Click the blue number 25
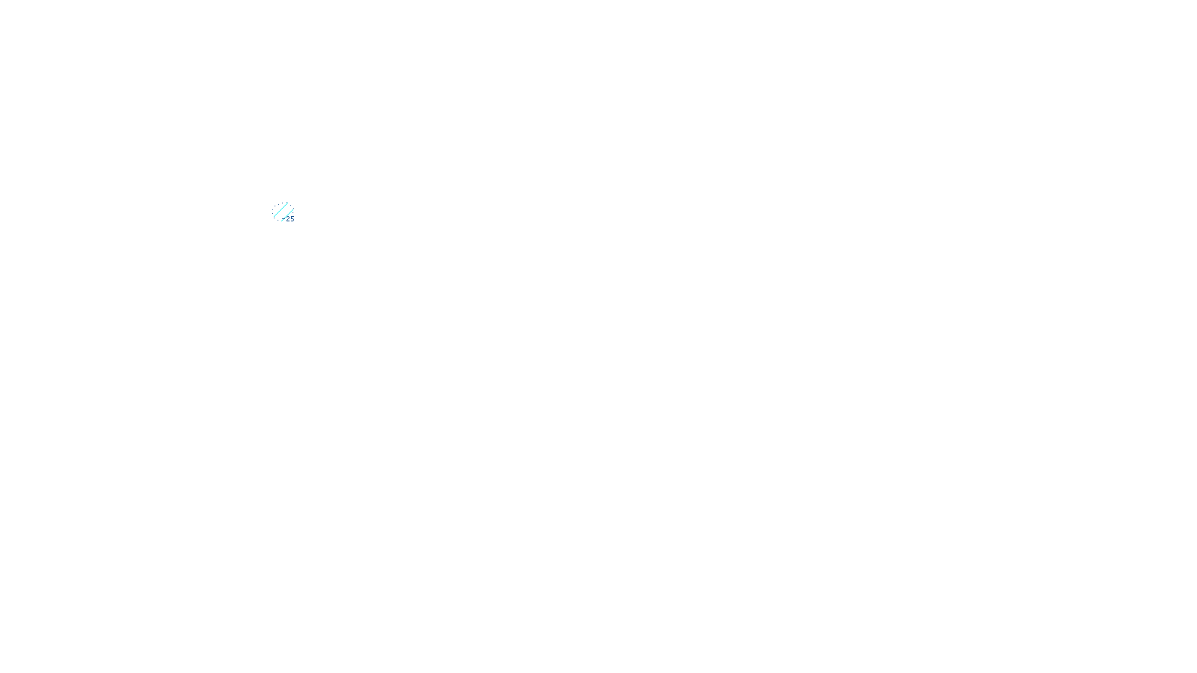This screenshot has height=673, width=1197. (x=290, y=219)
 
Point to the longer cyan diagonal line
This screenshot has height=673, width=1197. (x=281, y=210)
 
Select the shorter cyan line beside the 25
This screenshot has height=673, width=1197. (x=287, y=215)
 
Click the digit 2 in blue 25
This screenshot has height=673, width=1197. (x=288, y=219)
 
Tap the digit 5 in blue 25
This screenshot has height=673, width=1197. (x=293, y=219)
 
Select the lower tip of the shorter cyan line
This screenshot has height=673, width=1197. (x=281, y=221)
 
